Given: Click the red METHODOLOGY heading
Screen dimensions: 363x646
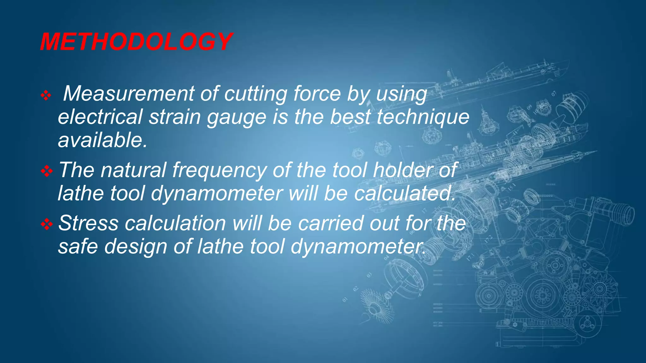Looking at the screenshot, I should point(136,42).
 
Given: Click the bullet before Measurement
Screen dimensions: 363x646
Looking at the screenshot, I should point(46,95).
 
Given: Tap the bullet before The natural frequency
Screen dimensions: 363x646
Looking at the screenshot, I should point(47,171).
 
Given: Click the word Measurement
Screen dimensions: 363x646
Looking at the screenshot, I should point(129,94).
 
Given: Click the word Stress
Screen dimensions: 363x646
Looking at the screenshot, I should point(89,223).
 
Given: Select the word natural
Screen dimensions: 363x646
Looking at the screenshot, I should point(133,170).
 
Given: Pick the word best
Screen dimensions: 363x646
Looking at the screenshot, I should point(350,117).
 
